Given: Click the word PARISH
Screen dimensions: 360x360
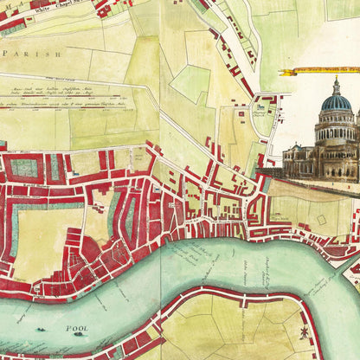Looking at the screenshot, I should (x=32, y=53).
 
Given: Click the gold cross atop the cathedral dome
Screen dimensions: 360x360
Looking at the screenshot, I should (x=336, y=79).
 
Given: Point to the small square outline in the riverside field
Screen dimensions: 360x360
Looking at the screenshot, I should (x=321, y=220).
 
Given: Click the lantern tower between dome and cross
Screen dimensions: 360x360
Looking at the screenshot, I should (x=336, y=89).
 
